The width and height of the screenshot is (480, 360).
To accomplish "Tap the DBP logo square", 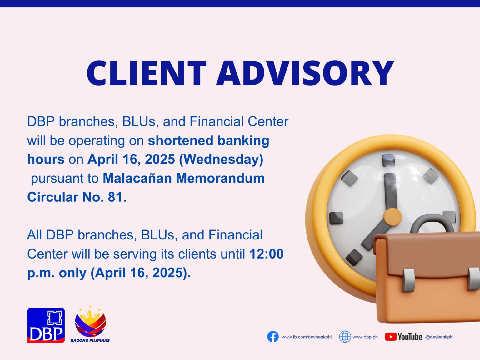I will [46, 325].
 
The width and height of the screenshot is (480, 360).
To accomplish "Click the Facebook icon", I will [273, 337].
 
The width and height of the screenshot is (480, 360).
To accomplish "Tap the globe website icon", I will [345, 337].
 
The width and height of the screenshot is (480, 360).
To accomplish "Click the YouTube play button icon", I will [391, 337].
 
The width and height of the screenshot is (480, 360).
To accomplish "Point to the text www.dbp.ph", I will [365, 337].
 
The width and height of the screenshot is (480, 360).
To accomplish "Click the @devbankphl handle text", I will [439, 337].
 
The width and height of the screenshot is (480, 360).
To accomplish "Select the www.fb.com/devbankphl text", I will [307, 337].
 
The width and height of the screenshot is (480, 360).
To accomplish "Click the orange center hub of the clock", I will [392, 217].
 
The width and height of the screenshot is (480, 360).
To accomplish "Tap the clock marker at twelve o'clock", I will [388, 160].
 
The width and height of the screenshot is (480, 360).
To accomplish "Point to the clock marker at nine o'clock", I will [336, 218].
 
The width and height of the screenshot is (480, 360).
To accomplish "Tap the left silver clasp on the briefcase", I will [408, 280].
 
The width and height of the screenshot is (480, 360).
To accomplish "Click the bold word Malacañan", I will [137, 178].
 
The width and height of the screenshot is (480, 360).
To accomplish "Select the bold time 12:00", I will [266, 254].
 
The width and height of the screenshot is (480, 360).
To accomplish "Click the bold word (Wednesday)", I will [221, 159].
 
